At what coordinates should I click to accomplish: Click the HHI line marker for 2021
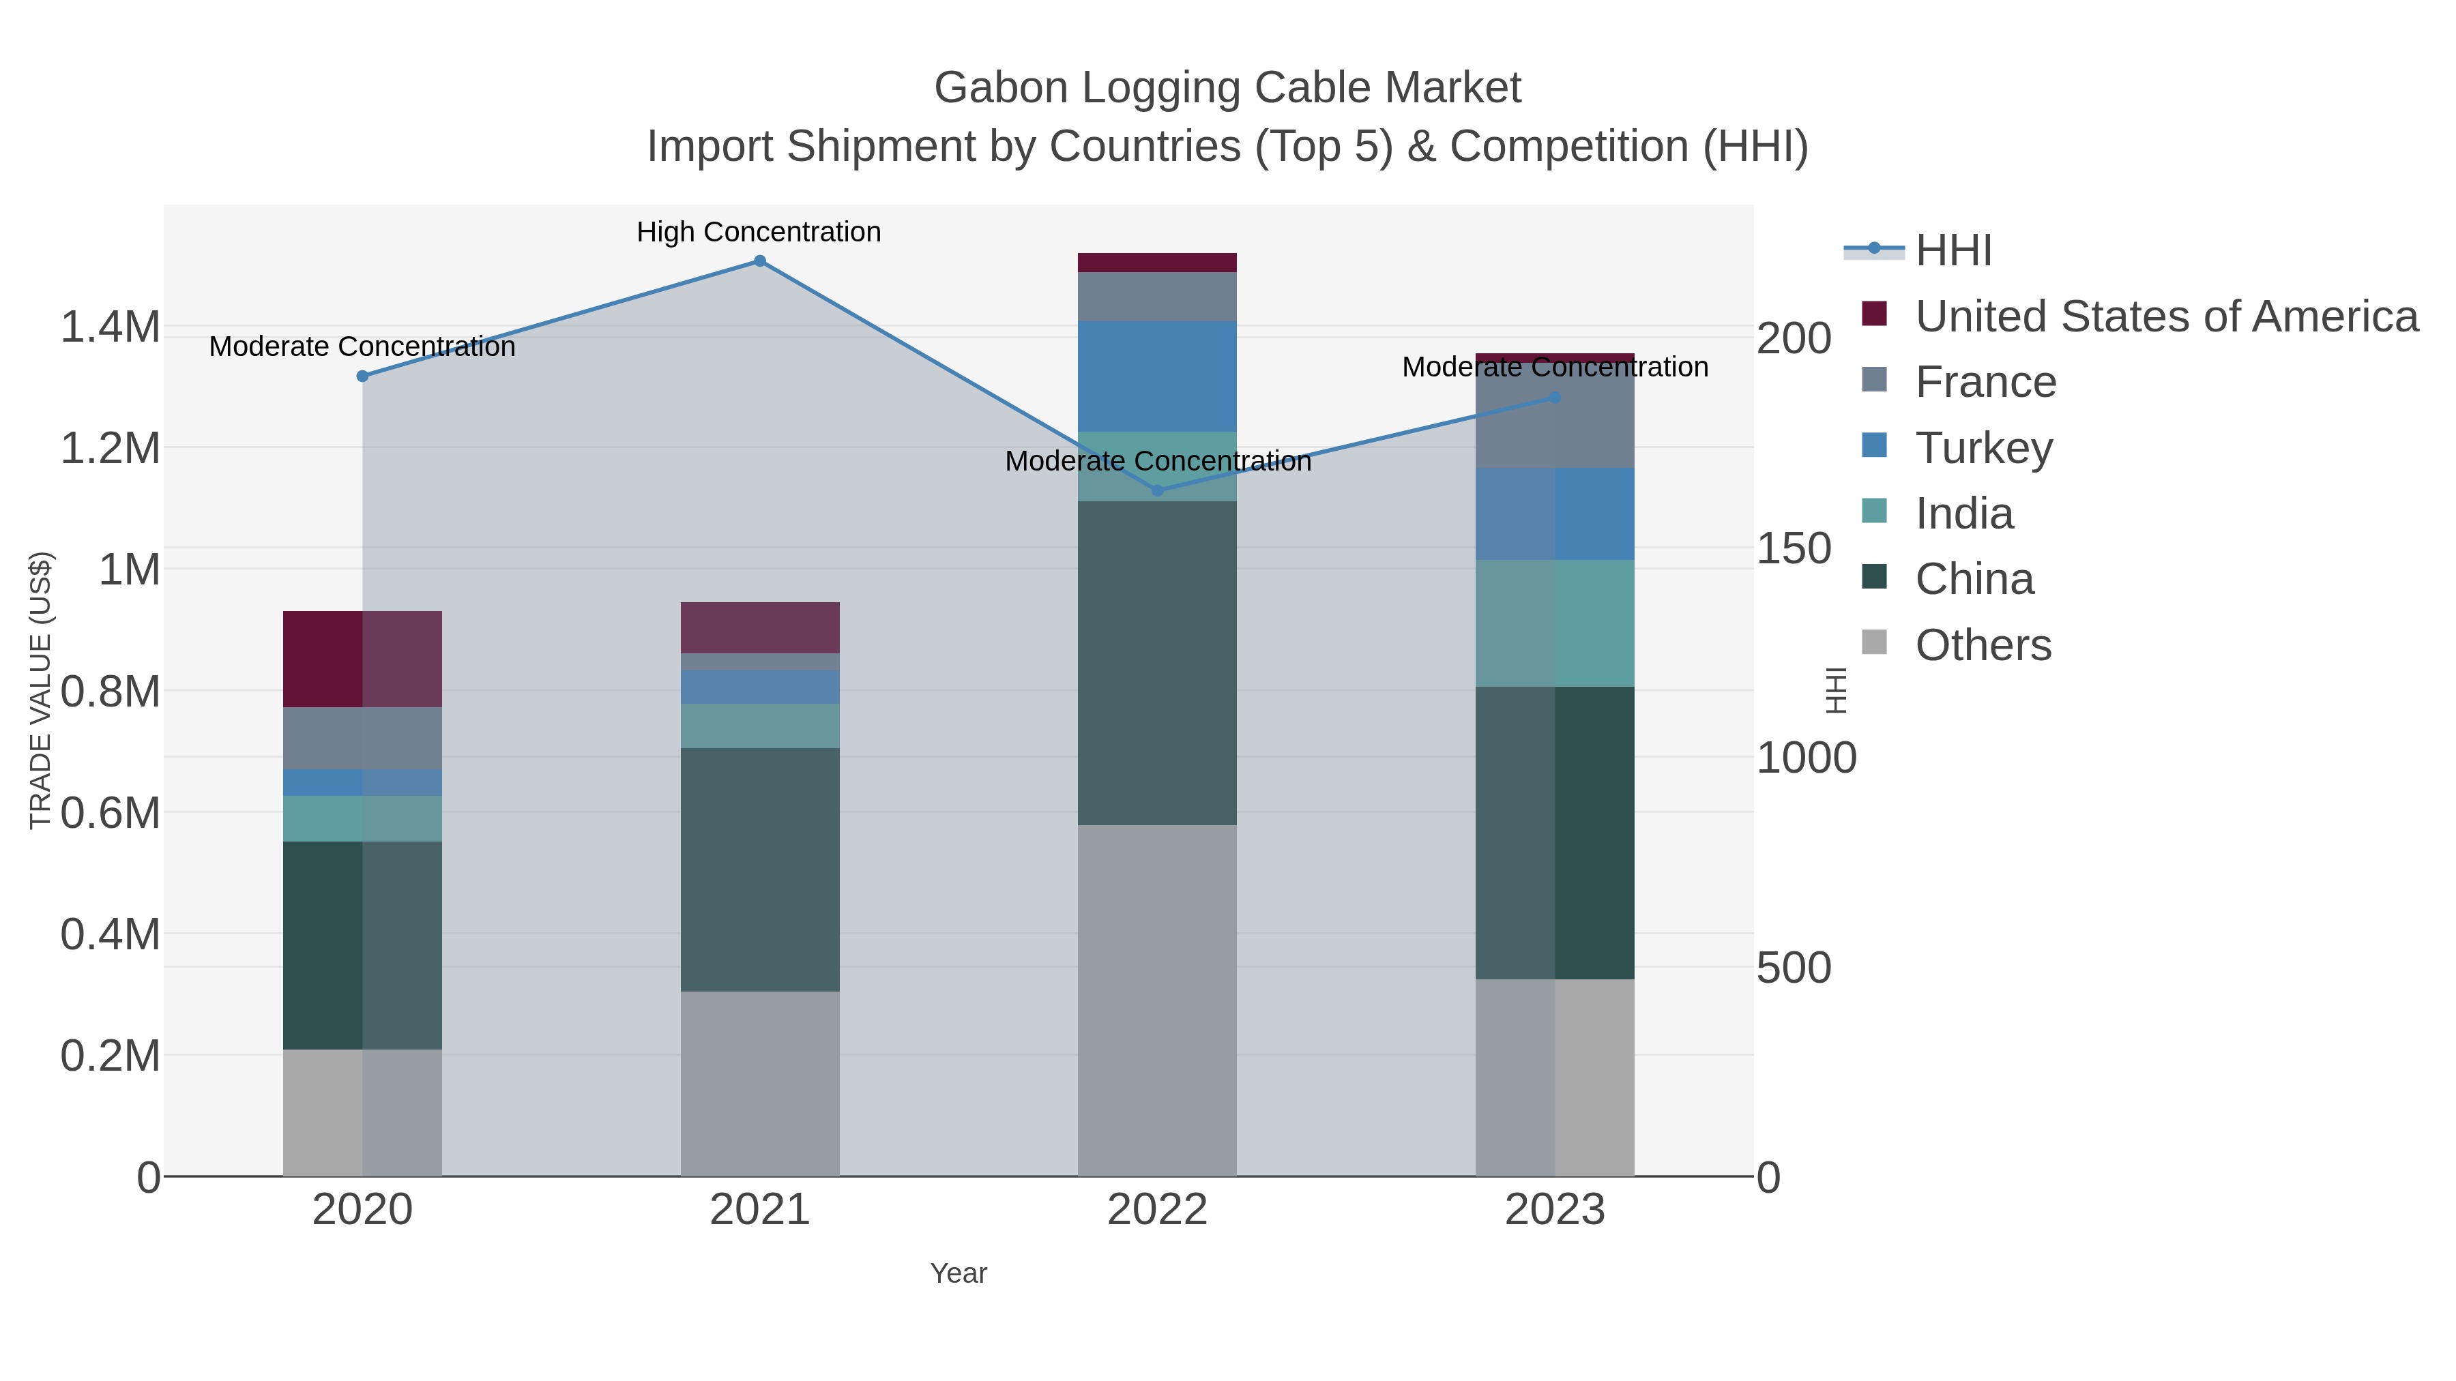pos(760,261)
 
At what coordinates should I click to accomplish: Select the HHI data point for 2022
pos(1158,491)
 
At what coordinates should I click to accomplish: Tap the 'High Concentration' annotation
pos(759,233)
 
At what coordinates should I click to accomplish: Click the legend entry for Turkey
pos(1983,448)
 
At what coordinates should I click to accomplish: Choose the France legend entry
pos(1985,382)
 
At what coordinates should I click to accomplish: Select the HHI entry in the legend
pos(1953,251)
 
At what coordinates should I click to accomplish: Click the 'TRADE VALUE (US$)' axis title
pos(40,690)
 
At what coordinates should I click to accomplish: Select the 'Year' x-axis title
pos(959,1273)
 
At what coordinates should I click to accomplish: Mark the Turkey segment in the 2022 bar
pos(1158,376)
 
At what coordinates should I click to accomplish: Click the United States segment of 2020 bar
pos(362,659)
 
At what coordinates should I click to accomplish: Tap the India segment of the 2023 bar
pos(1555,623)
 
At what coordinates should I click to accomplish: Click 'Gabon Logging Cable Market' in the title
pos(1227,88)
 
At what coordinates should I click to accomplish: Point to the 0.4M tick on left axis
pos(111,934)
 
